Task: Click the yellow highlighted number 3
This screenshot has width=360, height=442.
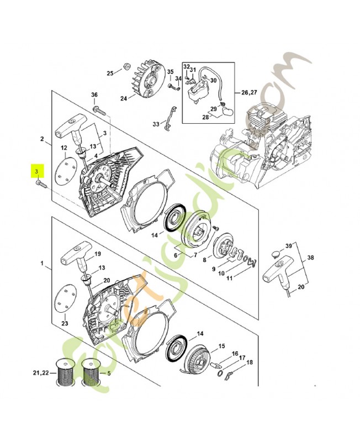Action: point(37,171)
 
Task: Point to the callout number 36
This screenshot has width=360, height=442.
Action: point(94,95)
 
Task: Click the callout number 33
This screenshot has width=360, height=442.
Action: point(156,124)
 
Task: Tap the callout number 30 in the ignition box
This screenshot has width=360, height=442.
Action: point(213,80)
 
